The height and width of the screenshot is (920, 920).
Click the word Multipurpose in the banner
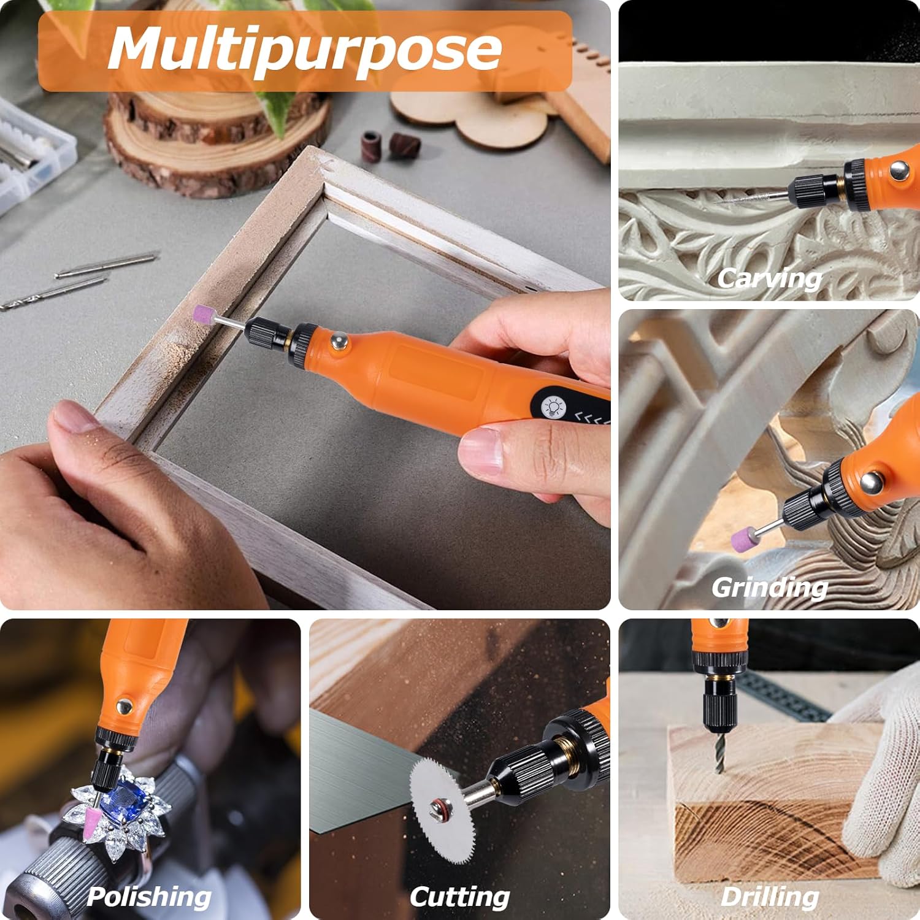coord(305,50)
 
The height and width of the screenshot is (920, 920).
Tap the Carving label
coord(770,278)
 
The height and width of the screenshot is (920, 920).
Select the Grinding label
coord(770,588)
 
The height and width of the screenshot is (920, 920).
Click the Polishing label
coord(149,897)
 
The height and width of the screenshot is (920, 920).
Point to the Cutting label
coord(460,897)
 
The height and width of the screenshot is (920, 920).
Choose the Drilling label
coord(770,897)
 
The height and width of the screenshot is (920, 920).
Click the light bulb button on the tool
coord(554,407)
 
